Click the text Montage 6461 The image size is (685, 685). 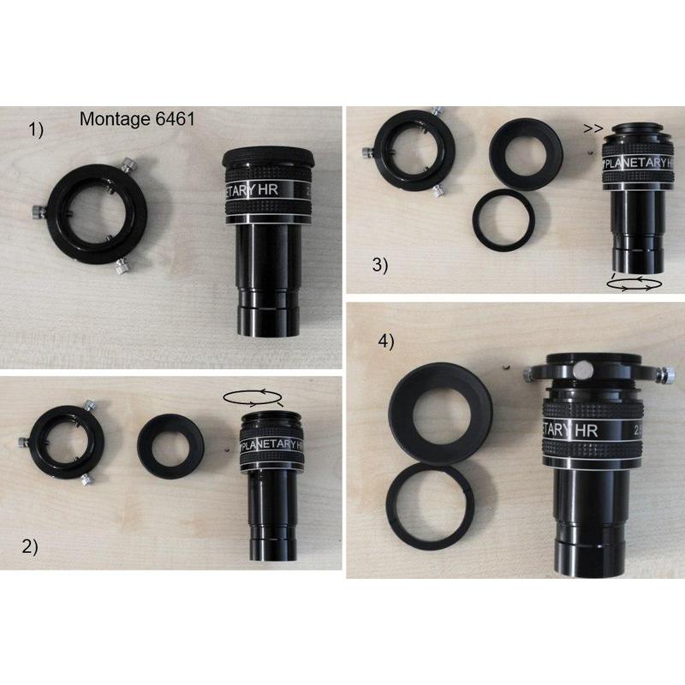(x=137, y=120)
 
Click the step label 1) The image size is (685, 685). (x=36, y=130)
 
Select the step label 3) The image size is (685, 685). (x=379, y=265)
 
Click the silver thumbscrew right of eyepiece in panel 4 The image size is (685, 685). (x=667, y=375)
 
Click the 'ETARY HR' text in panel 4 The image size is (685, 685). (x=571, y=428)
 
